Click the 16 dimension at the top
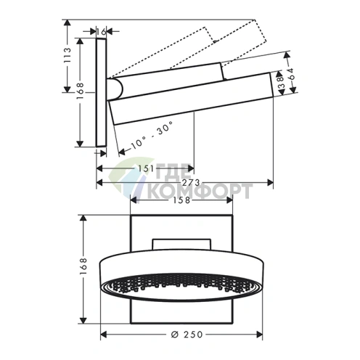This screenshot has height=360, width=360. pyautogui.click(x=102, y=31)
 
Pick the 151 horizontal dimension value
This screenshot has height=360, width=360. pyautogui.click(x=146, y=168)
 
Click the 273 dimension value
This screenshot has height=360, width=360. pyautogui.click(x=191, y=182)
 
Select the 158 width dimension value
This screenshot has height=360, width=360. pyautogui.click(x=181, y=200)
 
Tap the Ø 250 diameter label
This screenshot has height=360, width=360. pyautogui.click(x=187, y=335)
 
